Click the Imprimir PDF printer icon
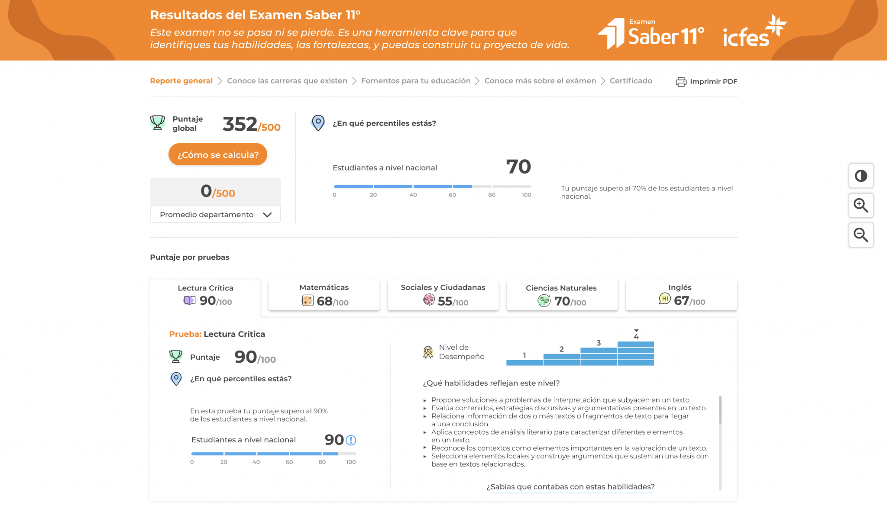click(x=681, y=82)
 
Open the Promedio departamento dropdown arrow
click(x=267, y=215)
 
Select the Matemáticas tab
click(x=324, y=295)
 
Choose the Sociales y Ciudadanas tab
click(x=443, y=295)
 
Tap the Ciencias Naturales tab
click(x=562, y=295)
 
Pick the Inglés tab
click(x=681, y=295)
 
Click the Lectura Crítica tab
click(x=205, y=295)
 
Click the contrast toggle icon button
click(x=861, y=176)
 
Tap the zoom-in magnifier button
click(x=861, y=205)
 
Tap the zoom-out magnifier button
click(x=861, y=235)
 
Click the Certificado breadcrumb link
click(x=631, y=81)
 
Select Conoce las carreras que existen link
click(x=287, y=81)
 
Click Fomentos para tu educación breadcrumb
click(x=416, y=81)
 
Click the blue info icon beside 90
click(x=351, y=440)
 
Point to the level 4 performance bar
click(x=635, y=353)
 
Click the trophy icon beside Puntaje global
click(x=158, y=123)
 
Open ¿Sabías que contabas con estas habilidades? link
click(x=570, y=487)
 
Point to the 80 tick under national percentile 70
click(x=492, y=195)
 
